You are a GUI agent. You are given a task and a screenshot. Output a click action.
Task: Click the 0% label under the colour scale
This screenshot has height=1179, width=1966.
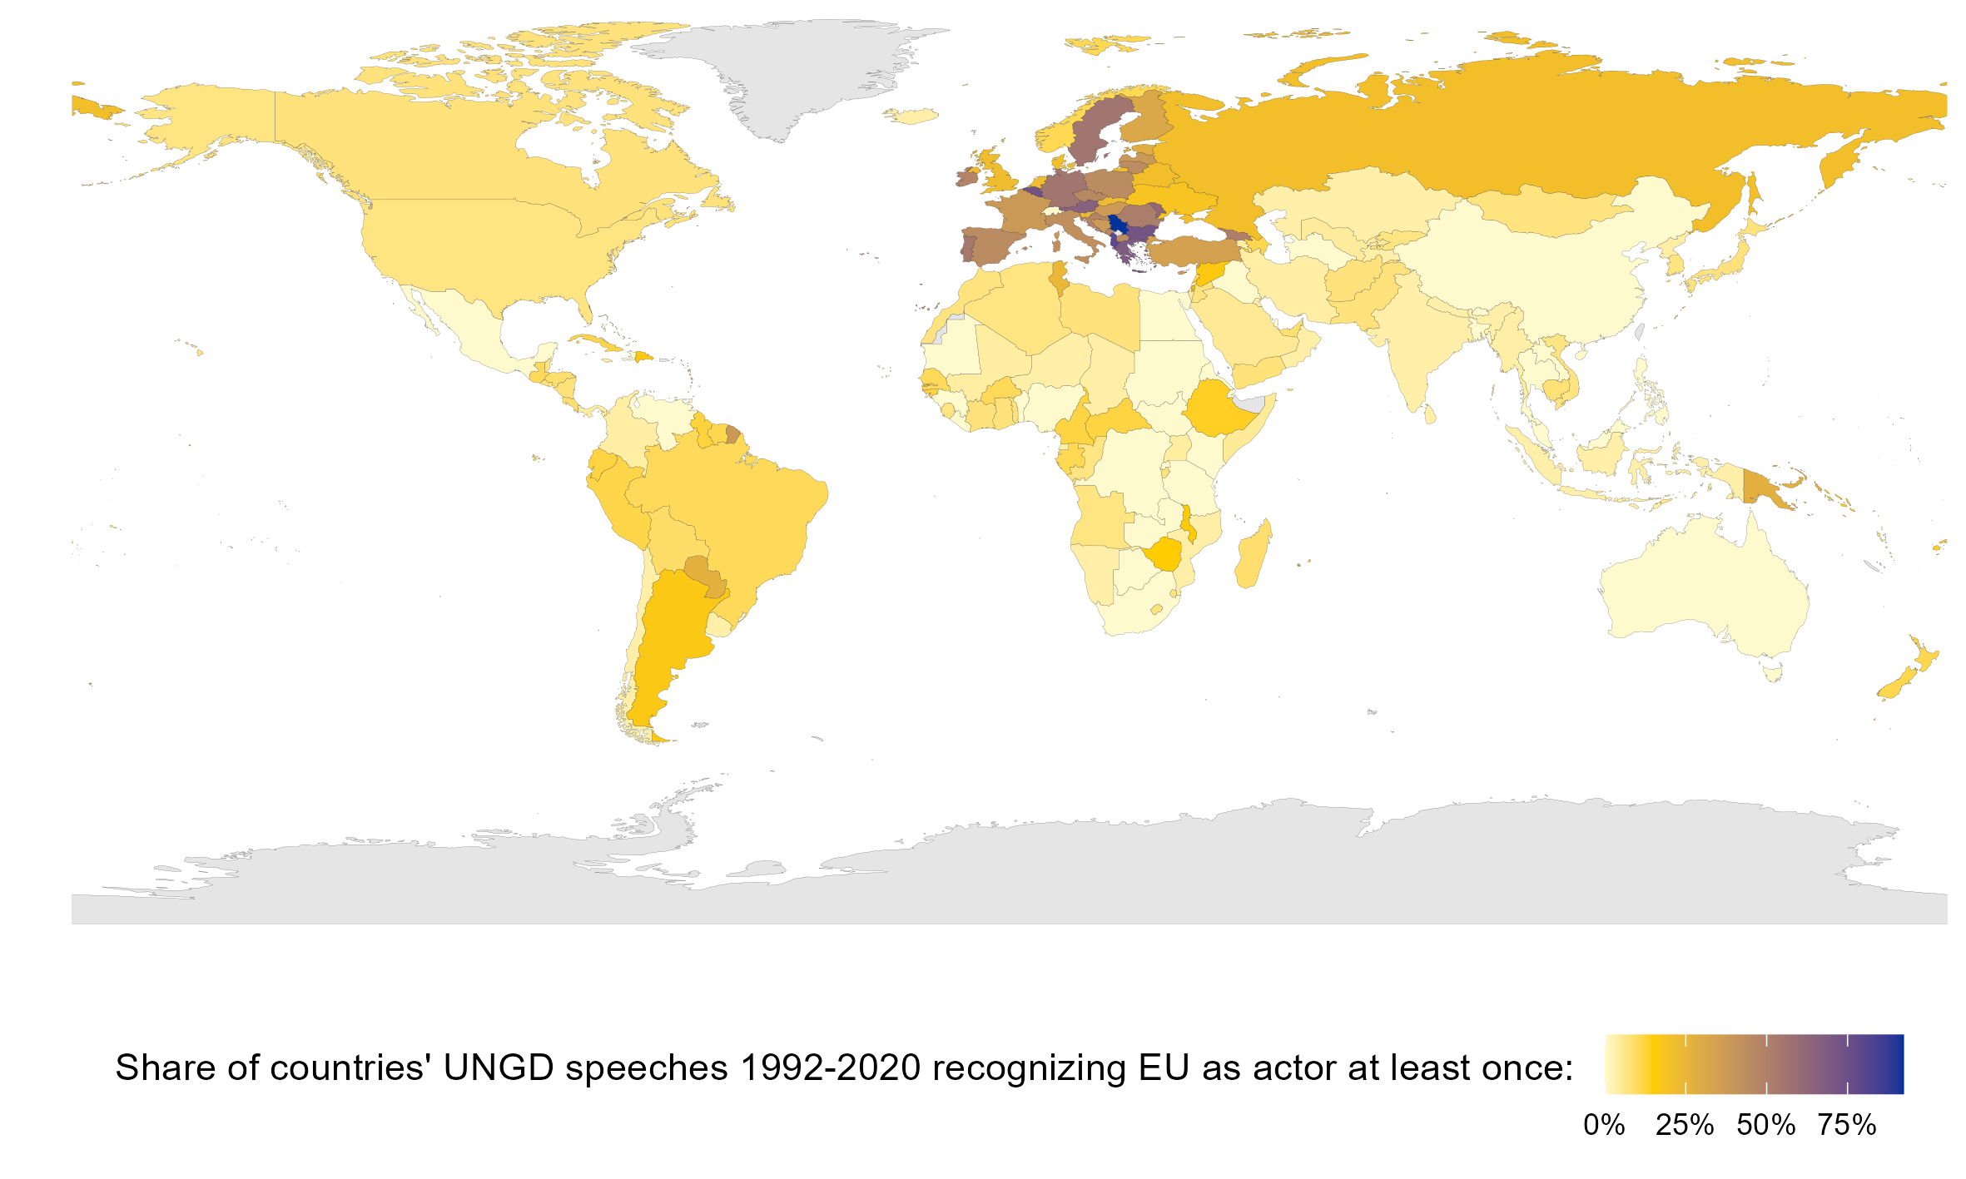pyautogui.click(x=1604, y=1125)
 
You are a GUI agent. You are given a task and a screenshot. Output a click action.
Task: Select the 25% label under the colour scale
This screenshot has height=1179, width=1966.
pyautogui.click(x=1684, y=1125)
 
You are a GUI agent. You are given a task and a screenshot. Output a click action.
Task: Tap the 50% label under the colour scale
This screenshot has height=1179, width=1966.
pyautogui.click(x=1765, y=1125)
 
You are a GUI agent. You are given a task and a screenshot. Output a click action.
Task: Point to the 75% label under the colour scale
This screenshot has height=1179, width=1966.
pyautogui.click(x=1846, y=1125)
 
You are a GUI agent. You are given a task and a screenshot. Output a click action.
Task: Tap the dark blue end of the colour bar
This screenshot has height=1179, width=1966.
pyautogui.click(x=1894, y=1063)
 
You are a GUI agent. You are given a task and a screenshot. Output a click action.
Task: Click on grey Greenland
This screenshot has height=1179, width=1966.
pyautogui.click(x=791, y=75)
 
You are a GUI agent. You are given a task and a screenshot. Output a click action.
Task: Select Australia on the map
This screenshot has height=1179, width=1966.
pyautogui.click(x=1706, y=591)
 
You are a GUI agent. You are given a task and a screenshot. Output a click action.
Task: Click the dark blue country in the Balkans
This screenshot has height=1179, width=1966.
pyautogui.click(x=1117, y=225)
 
